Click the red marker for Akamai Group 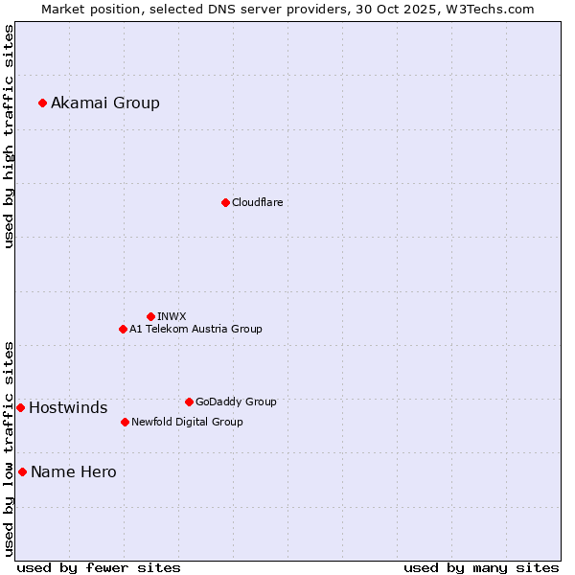coord(42,103)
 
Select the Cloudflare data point coord(225,202)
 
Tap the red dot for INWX coord(150,316)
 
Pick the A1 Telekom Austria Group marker coord(123,329)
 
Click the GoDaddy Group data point coord(189,402)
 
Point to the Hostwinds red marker coord(20,407)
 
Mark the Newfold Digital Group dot coord(125,422)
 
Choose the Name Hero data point coord(22,471)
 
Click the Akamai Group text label coord(105,103)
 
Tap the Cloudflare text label coord(258,202)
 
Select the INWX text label coord(172,316)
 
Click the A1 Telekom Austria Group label coord(195,329)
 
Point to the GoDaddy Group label coord(236,402)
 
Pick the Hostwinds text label coord(68,407)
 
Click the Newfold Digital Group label coord(187,422)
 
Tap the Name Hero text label coord(74,471)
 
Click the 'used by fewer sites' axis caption coord(99,567)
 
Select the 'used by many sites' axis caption coord(481,567)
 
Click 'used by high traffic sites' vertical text coord(9,136)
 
